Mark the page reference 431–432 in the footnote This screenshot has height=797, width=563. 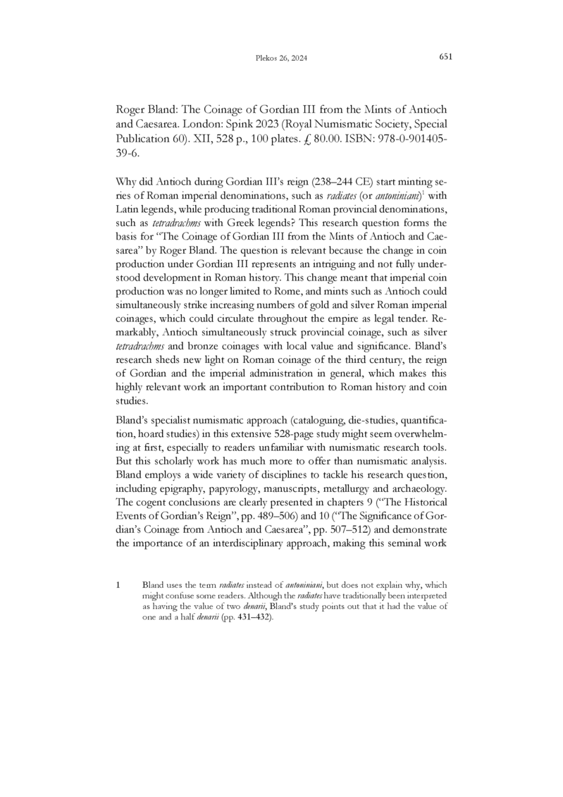coord(249,617)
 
